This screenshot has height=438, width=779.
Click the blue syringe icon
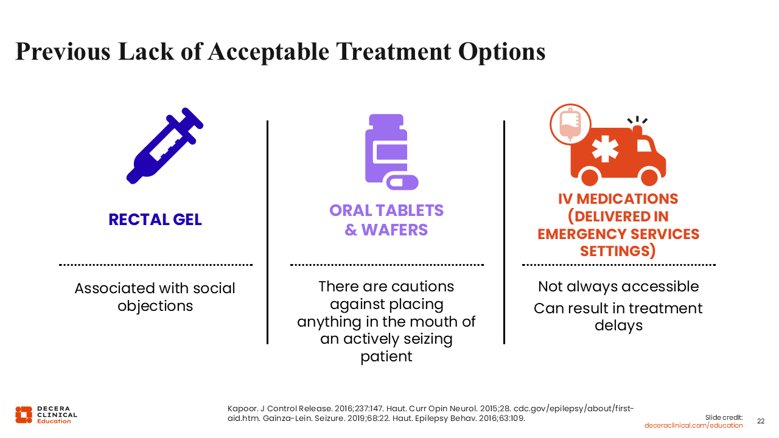coord(164,146)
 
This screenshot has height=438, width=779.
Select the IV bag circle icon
coord(570,124)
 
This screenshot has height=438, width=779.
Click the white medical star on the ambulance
coord(605,149)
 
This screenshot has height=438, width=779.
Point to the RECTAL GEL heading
coord(155,220)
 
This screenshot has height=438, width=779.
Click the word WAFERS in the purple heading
coord(394,230)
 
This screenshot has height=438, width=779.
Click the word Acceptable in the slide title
coord(268,52)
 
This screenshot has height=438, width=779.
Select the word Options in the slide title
coord(501,52)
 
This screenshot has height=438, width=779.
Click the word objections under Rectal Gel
coord(155,306)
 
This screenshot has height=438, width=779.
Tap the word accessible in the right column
coord(660,287)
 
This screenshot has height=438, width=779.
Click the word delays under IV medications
coord(619,325)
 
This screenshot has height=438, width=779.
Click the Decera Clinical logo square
coord(24,415)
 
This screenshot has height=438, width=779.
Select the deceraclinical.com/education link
coord(693,425)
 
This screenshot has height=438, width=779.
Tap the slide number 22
coord(761,422)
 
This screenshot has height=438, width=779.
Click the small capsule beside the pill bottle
coord(402,182)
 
